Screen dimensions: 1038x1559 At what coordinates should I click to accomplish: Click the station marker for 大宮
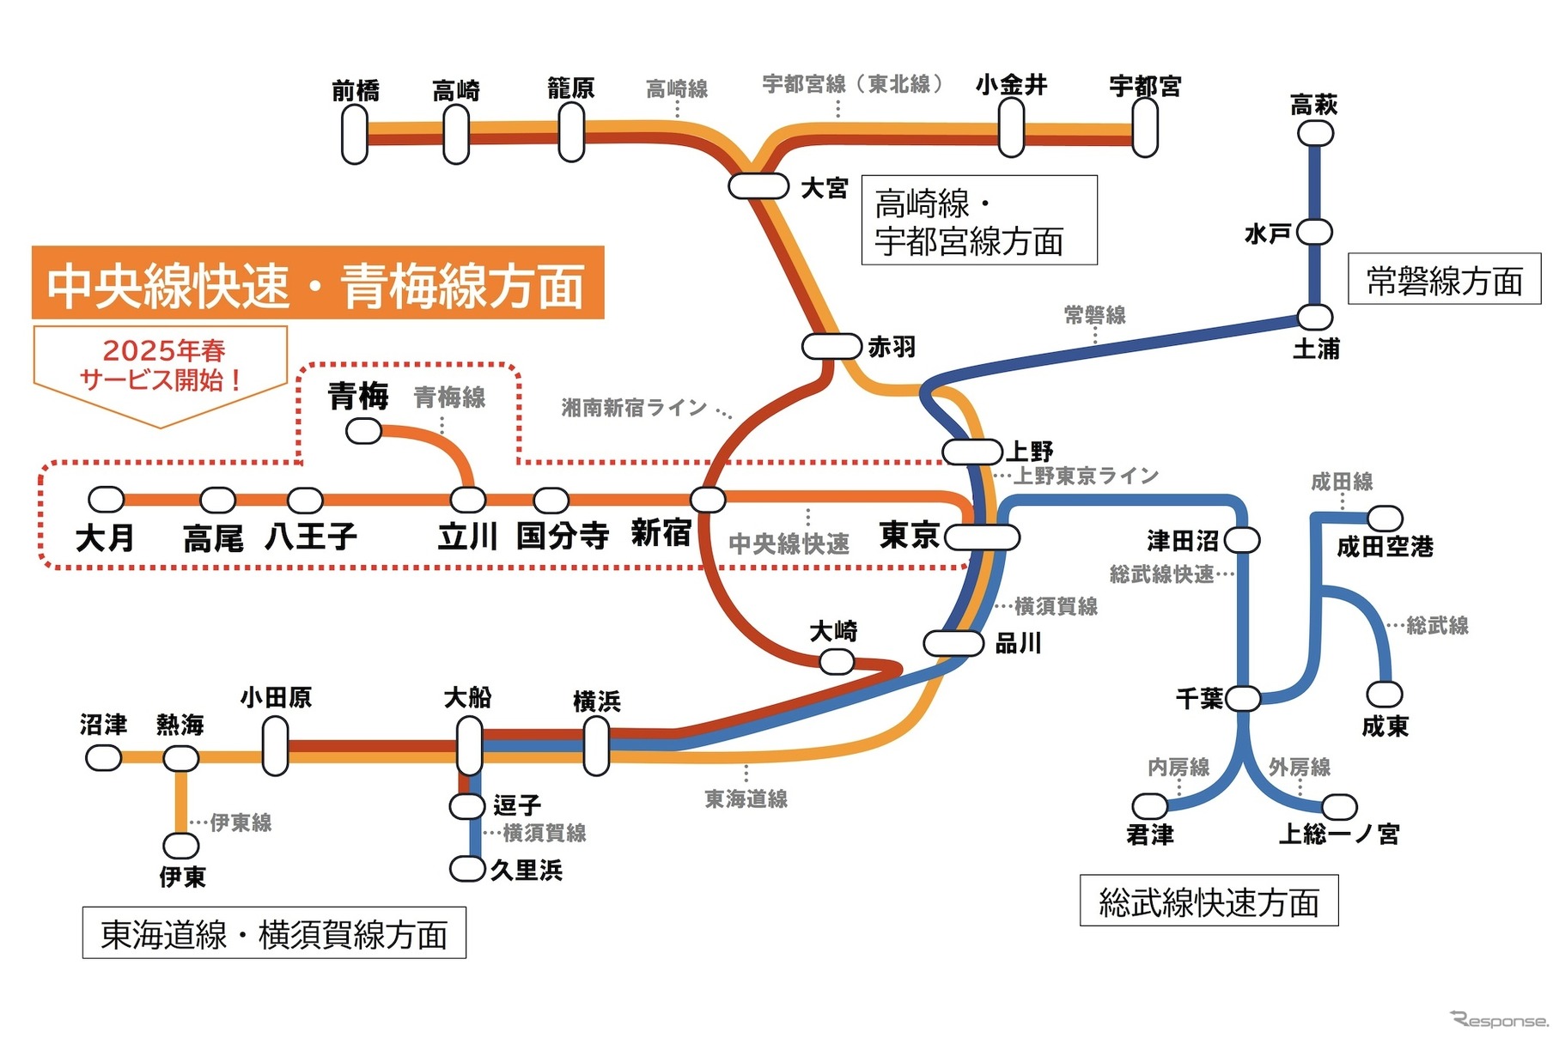pyautogui.click(x=758, y=185)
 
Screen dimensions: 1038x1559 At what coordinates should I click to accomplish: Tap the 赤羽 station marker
pyautogui.click(x=831, y=346)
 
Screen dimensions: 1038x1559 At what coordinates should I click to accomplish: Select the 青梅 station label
pyautogui.click(x=358, y=397)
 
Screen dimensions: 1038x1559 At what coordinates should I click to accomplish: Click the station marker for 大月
pyautogui.click(x=107, y=499)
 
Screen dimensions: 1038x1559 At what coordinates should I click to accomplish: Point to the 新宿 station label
pyautogui.click(x=661, y=533)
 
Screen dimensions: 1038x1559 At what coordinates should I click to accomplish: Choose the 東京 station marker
pyautogui.click(x=982, y=537)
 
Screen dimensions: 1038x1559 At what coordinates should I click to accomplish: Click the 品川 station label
pyautogui.click(x=1018, y=643)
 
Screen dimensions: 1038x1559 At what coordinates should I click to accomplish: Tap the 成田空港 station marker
pyautogui.click(x=1384, y=518)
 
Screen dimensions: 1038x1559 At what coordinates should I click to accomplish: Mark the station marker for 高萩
pyautogui.click(x=1314, y=133)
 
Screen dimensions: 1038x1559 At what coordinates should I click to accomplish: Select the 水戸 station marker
pyautogui.click(x=1314, y=232)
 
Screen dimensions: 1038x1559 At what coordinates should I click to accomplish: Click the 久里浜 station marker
pyautogui.click(x=467, y=869)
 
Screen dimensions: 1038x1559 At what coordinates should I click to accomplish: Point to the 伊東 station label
pyautogui.click(x=182, y=877)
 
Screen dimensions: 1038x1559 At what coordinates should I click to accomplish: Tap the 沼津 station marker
pyautogui.click(x=104, y=757)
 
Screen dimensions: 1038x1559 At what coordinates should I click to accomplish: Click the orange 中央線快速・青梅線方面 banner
pyautogui.click(x=318, y=283)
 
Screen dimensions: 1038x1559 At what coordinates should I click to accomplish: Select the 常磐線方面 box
pyautogui.click(x=1444, y=279)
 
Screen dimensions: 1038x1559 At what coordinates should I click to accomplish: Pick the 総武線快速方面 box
pyautogui.click(x=1209, y=901)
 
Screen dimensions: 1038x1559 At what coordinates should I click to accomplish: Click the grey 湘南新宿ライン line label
pyautogui.click(x=634, y=407)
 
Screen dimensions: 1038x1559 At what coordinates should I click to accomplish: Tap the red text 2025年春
pyautogui.click(x=164, y=349)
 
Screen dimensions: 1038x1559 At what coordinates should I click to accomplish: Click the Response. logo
pyautogui.click(x=1499, y=1020)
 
